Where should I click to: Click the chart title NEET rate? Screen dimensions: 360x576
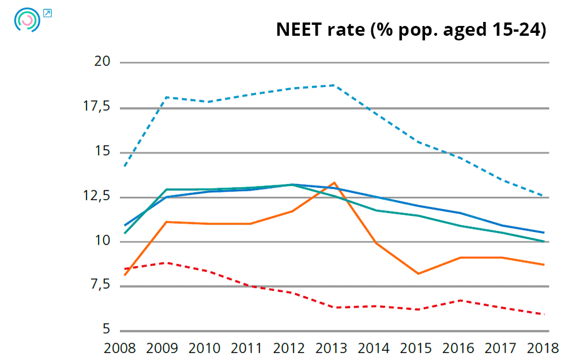click(x=411, y=29)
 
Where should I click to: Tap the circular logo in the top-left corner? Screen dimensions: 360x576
click(x=27, y=20)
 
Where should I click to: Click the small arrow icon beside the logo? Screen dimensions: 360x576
click(x=48, y=13)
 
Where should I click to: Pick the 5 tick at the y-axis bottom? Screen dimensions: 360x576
click(x=106, y=330)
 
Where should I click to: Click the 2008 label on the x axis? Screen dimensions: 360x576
click(x=119, y=348)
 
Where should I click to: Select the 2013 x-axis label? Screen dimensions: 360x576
click(x=332, y=348)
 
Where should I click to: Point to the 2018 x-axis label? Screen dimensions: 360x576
click(x=544, y=348)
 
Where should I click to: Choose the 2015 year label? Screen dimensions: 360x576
click(x=417, y=348)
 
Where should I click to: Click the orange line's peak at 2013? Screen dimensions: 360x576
click(x=334, y=183)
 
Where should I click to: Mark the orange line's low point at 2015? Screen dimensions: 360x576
click(x=418, y=273)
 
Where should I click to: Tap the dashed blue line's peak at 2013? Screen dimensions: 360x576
click(x=334, y=85)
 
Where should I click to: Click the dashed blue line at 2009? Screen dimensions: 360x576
click(x=167, y=97)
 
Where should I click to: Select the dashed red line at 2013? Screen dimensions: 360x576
click(x=334, y=307)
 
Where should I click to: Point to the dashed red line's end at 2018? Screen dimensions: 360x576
click(x=544, y=314)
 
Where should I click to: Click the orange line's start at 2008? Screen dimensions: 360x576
click(x=124, y=275)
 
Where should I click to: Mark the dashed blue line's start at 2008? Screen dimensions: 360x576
click(x=124, y=166)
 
